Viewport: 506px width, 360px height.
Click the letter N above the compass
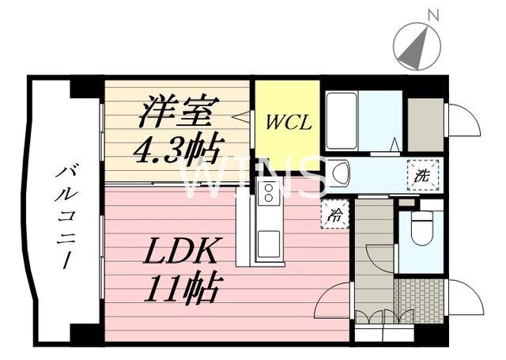pos(432,13)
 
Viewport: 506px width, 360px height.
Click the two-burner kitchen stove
pos(268,191)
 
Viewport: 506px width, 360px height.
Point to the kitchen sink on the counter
pos(267,240)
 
